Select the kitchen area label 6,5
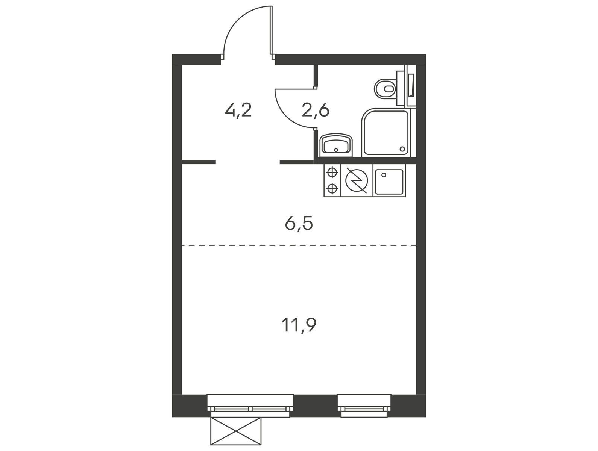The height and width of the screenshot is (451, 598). pos(299,224)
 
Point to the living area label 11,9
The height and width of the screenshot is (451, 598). pos(299,325)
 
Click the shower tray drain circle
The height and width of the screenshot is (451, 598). pos(402,149)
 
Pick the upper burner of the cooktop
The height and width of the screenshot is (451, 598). pos(332,173)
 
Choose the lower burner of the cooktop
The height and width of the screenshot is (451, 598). pos(332,188)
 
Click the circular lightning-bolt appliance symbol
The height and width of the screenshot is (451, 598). pos(357,180)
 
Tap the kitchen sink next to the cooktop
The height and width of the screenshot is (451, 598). pos(389,182)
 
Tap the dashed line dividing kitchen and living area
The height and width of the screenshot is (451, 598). pos(299,245)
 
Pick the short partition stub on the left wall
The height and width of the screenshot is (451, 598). pos(199,162)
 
